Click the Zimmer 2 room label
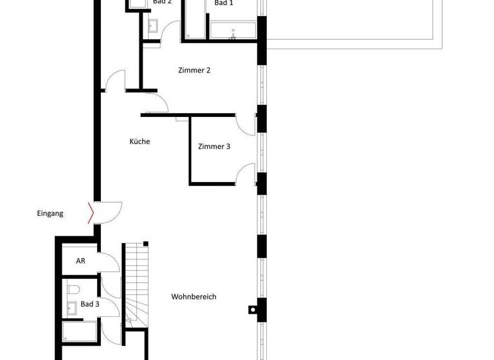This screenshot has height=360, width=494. click(194, 71)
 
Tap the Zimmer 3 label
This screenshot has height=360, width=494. click(214, 147)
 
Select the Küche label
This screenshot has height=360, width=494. click(140, 141)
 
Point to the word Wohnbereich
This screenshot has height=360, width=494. click(194, 297)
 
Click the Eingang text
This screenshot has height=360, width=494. click(50, 213)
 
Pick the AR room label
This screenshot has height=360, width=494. click(81, 262)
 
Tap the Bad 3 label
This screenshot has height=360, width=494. click(90, 304)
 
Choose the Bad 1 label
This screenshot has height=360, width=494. click(224, 3)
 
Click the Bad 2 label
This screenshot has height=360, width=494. click(162, 2)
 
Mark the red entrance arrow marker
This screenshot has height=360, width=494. click(91, 213)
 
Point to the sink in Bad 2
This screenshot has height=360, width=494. click(153, 26)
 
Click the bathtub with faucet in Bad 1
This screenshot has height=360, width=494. click(232, 31)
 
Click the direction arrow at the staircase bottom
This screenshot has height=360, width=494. click(129, 319)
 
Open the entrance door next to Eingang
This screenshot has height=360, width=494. click(109, 211)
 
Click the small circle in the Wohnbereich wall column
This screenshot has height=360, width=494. click(252, 309)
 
